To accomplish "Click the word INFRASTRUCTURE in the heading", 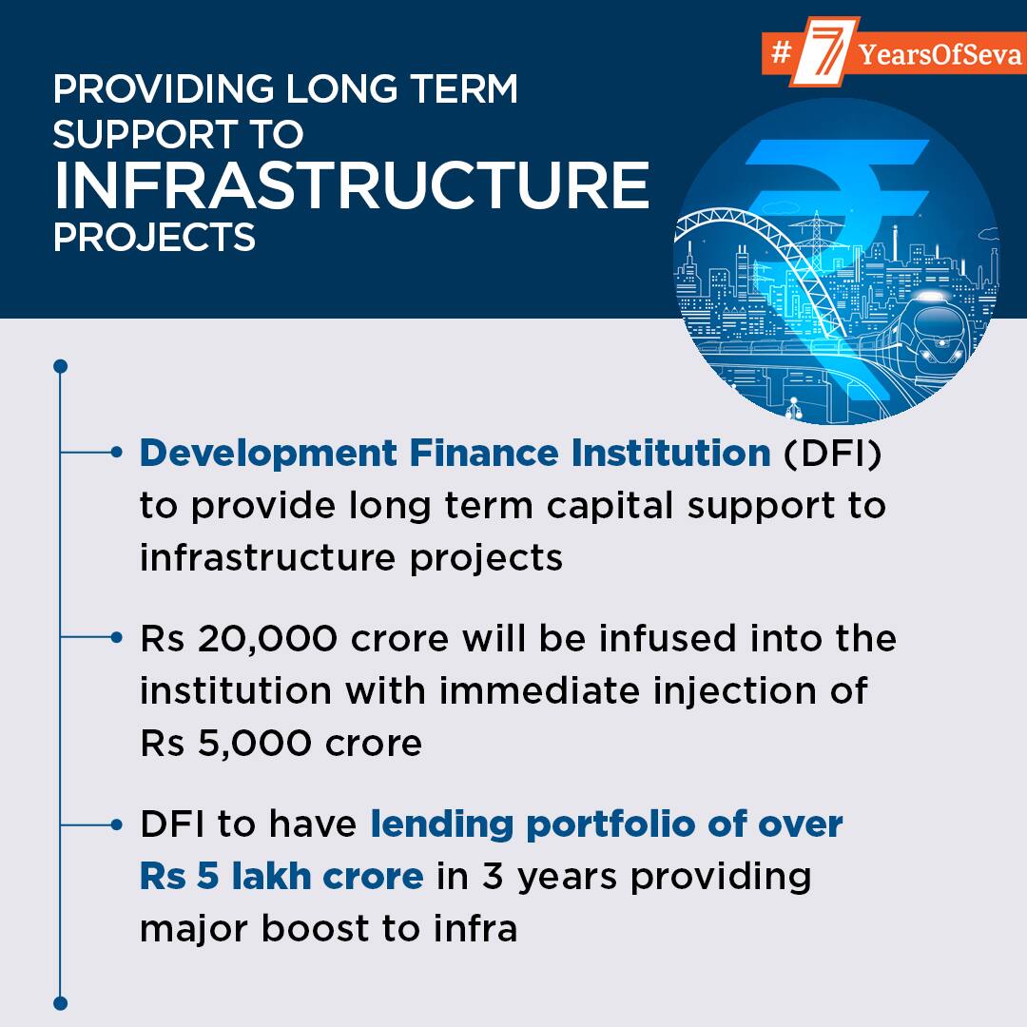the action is [x=353, y=184].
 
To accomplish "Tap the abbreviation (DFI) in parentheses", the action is [x=833, y=454].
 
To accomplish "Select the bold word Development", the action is [x=268, y=455].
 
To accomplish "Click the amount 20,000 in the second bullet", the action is [x=267, y=639].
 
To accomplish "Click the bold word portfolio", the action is [x=610, y=825].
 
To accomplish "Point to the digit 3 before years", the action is [x=494, y=877].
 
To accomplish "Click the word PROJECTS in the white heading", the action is [x=154, y=237].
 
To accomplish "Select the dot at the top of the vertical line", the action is [x=60, y=366].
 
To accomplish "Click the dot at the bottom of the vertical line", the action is [x=60, y=1003].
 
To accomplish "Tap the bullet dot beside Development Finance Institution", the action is [x=117, y=452].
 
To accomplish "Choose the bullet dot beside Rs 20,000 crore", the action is [x=117, y=636].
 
